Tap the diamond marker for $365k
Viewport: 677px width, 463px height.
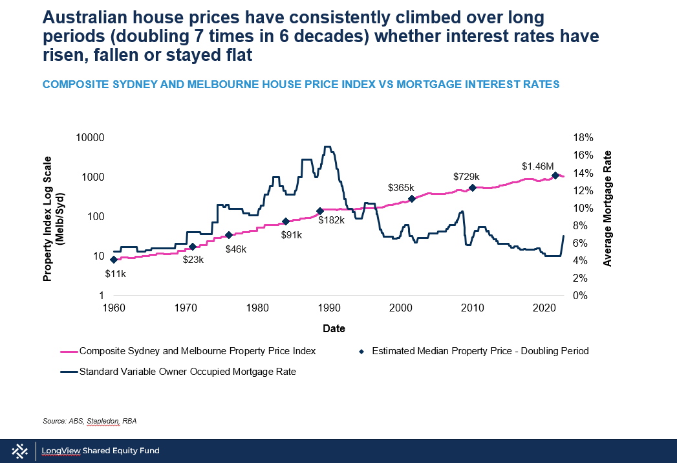(412, 199)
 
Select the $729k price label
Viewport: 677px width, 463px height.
(466, 177)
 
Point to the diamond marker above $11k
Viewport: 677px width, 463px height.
(114, 260)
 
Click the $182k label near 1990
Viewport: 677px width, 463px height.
(331, 220)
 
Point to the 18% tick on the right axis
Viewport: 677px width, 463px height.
(582, 137)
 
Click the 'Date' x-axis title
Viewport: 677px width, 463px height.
(334, 329)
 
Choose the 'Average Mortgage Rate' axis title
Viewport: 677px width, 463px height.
(608, 209)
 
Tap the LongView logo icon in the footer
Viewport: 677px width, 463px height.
(19, 451)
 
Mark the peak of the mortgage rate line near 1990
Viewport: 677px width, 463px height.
(327, 147)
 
